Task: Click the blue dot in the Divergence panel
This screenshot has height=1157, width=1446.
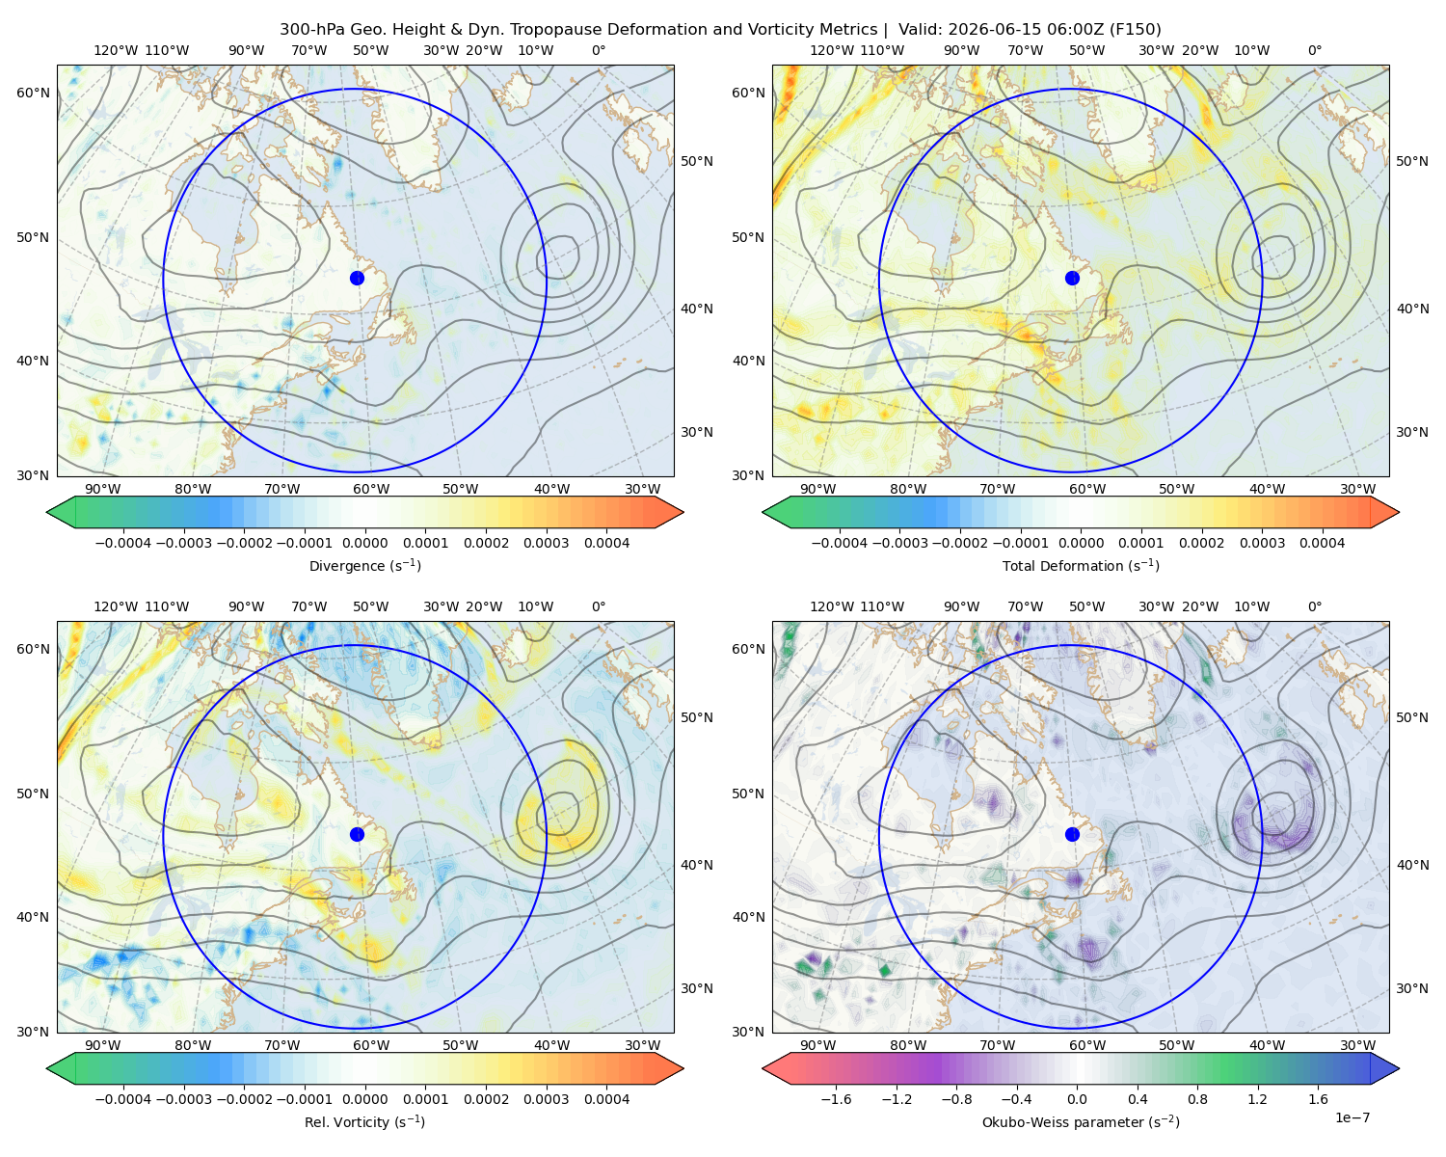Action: [x=357, y=278]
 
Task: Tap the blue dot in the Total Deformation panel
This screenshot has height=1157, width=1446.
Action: [x=1072, y=278]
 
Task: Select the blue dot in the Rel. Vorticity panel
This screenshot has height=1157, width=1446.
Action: [x=357, y=834]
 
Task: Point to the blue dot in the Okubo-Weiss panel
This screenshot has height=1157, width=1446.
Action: [x=1072, y=834]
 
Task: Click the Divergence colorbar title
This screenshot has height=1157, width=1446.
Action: [x=364, y=565]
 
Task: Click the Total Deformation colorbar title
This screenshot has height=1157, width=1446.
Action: [x=1081, y=565]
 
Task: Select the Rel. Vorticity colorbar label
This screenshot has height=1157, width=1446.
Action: [x=364, y=1121]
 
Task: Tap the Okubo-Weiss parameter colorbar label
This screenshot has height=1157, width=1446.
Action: [x=1081, y=1121]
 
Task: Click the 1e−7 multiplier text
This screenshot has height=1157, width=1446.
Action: [x=1352, y=1117]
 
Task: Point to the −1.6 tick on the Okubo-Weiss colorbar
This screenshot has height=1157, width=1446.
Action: [x=836, y=1098]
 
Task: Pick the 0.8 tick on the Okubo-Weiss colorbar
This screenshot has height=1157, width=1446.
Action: [x=1197, y=1098]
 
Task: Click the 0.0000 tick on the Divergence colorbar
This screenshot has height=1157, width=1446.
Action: [x=364, y=543]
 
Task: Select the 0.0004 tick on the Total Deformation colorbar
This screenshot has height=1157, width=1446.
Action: [x=1322, y=543]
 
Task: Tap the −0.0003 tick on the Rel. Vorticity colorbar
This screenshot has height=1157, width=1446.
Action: [x=183, y=1098]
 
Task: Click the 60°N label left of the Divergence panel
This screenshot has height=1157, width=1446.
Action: [x=33, y=93]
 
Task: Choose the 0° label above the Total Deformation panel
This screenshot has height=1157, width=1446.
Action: [x=1314, y=50]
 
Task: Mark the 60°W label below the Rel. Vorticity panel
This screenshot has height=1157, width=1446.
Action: [x=371, y=1045]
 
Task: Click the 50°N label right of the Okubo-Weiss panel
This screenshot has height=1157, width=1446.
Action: [x=1412, y=717]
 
